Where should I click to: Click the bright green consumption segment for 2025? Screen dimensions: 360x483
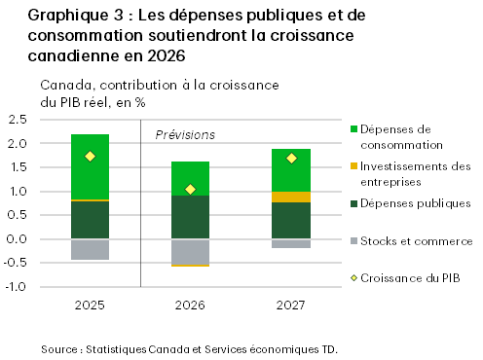point(90,166)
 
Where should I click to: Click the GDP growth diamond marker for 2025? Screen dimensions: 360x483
point(90,157)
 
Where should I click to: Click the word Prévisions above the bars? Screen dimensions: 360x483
point(185,134)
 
